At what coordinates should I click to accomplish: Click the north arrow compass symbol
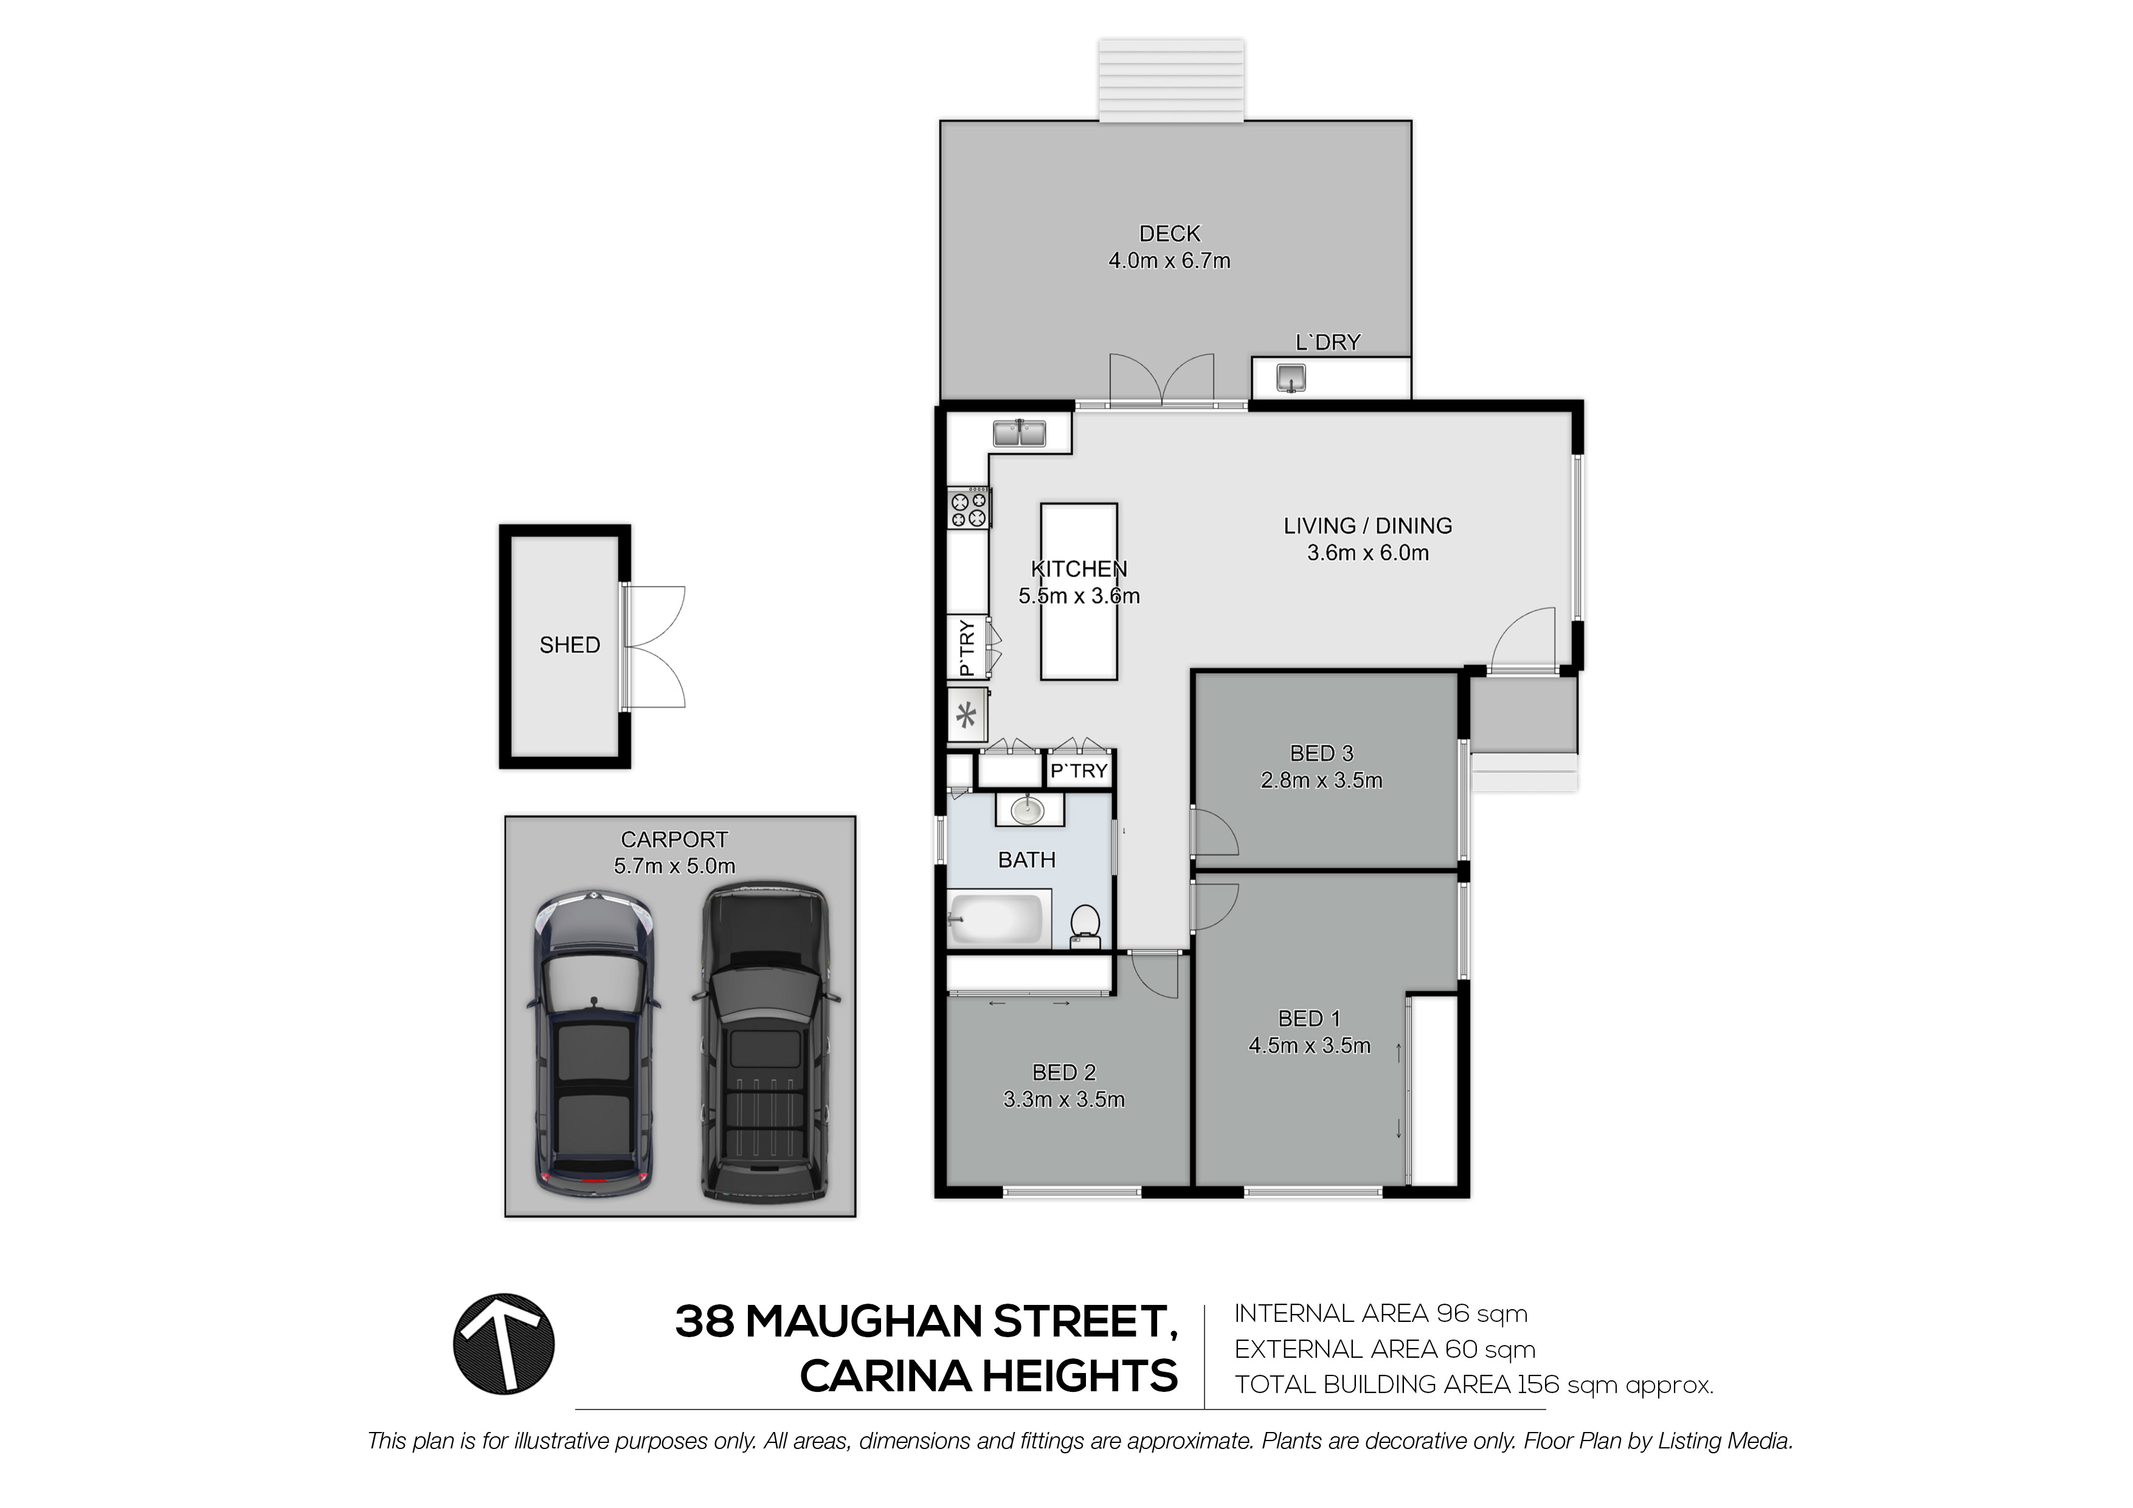coord(503,1344)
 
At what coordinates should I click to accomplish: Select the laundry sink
coord(1291,378)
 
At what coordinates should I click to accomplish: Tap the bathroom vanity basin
coord(1028,809)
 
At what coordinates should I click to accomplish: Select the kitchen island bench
coord(1079,592)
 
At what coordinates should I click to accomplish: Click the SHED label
coord(570,645)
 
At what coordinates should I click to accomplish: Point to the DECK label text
coord(1170,234)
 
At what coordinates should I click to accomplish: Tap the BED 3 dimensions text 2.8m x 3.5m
coord(1321,781)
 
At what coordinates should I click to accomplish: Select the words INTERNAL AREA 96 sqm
coord(1380,1314)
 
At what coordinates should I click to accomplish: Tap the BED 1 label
coord(1309,1019)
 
